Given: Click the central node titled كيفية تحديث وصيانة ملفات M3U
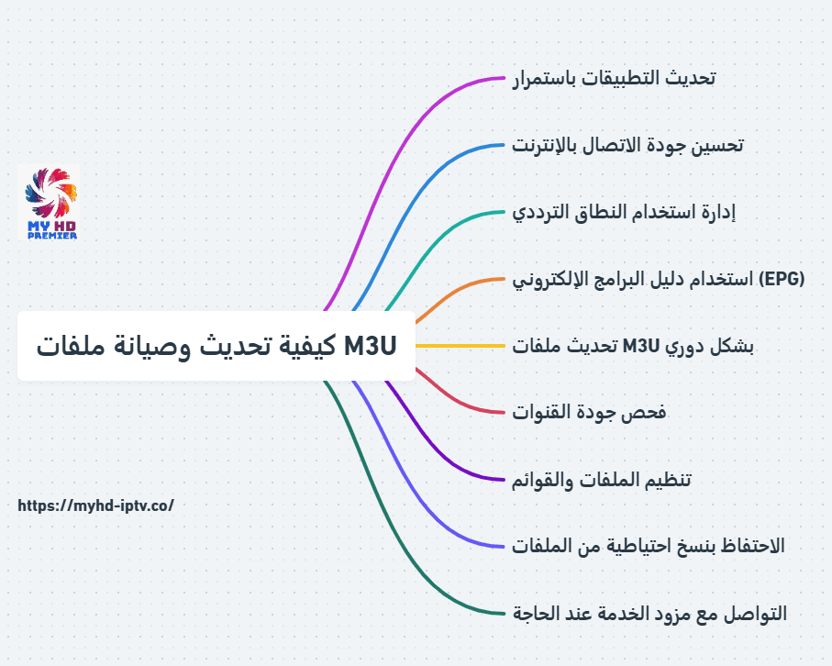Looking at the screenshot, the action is pos(216,346).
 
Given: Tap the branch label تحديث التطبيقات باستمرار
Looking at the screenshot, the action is pos(614,78).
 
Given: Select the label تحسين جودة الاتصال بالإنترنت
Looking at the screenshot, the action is pos(627,145).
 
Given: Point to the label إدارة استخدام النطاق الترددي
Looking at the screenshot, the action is pos(624,212).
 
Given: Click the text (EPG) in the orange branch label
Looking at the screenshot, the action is pos(782,279).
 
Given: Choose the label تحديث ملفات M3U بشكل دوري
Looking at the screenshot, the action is pos(633,346).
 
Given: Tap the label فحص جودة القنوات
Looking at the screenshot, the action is pos(589,412).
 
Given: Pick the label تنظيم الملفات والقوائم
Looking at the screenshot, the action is pos(602,480).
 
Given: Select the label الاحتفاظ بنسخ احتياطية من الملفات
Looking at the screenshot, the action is pos(648,546).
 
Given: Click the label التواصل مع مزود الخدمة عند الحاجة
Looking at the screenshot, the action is pos(649,614).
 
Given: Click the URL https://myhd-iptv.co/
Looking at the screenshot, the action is pos(96,505).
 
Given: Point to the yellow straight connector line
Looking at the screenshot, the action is pos(460,346).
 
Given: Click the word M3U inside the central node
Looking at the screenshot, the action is pos(371,346).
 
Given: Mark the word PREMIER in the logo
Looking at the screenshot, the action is pos(52,235).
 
